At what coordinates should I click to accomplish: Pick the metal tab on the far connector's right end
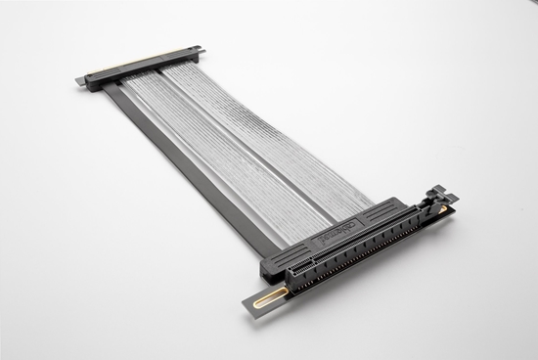pos(199,48)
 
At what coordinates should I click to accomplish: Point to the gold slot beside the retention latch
pos(443,208)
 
